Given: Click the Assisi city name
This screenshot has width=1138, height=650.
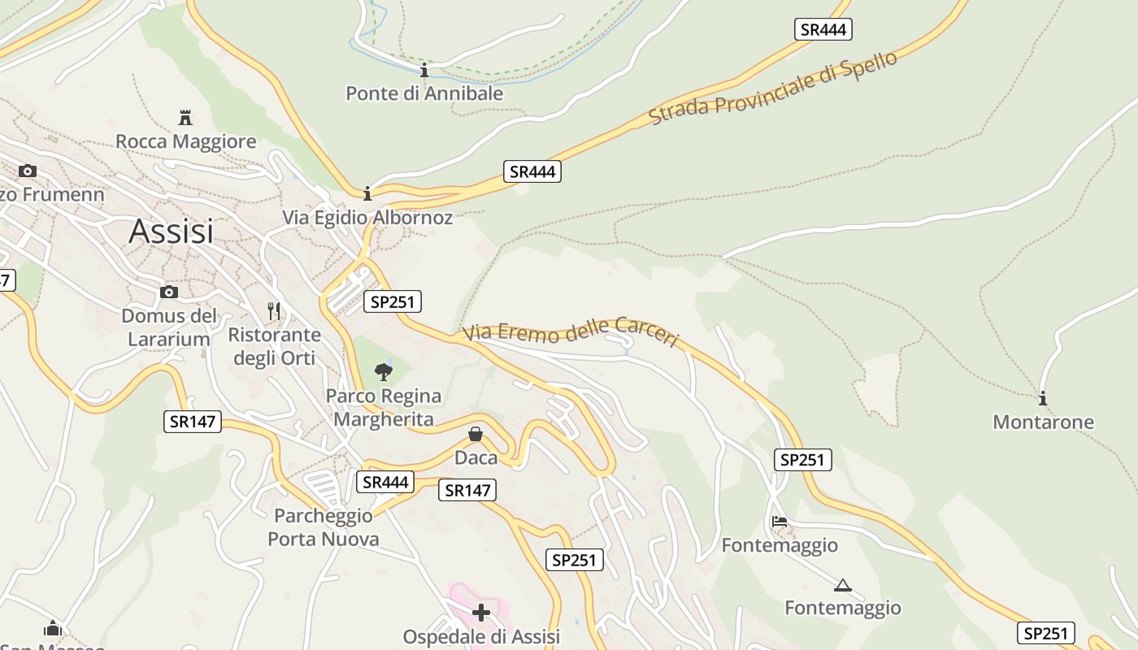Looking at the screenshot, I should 171,232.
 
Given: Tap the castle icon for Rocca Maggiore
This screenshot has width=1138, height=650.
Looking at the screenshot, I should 185,117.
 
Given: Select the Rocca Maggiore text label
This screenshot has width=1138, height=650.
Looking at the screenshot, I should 185,141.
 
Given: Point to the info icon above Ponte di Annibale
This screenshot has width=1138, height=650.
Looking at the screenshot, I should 423,70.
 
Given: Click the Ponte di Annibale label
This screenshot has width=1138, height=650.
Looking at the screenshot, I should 424,93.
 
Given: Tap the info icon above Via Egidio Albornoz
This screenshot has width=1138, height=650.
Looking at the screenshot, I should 367,193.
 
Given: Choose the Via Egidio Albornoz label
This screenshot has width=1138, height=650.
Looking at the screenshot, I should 367,218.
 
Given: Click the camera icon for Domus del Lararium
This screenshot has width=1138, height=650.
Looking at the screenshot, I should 169,292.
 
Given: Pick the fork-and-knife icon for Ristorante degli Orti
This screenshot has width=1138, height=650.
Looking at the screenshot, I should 274,311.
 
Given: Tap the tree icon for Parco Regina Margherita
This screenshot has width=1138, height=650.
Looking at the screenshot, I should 384,372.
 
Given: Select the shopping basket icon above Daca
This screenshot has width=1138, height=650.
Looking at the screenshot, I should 476,434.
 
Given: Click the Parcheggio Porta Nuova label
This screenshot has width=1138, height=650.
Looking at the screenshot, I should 324,527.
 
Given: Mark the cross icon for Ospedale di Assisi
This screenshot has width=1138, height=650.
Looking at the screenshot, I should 481,613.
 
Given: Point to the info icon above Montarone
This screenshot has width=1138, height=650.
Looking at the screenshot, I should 1043,398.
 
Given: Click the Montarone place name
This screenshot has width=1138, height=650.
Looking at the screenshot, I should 1043,422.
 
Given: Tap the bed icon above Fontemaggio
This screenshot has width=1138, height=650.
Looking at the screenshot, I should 780,522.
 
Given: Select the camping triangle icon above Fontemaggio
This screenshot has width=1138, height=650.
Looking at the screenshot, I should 842,585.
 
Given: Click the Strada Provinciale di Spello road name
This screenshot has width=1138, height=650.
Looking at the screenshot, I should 772,89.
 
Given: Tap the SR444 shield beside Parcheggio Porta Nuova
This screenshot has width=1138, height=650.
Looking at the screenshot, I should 385,482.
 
